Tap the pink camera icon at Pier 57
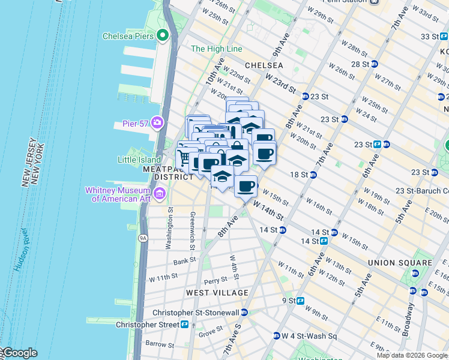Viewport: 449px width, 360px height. click(x=157, y=123)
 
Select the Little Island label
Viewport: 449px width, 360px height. click(x=139, y=160)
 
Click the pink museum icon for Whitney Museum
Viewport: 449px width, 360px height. click(x=160, y=193)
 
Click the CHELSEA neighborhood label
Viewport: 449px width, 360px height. click(x=264, y=65)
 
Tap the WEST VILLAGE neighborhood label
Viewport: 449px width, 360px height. click(x=217, y=293)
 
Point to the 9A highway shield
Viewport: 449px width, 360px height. click(x=143, y=238)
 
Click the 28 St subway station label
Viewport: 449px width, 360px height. click(x=360, y=64)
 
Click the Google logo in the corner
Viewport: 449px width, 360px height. click(x=19, y=353)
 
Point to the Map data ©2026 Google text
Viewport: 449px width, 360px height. click(x=411, y=355)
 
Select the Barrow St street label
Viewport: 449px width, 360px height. click(x=160, y=344)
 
